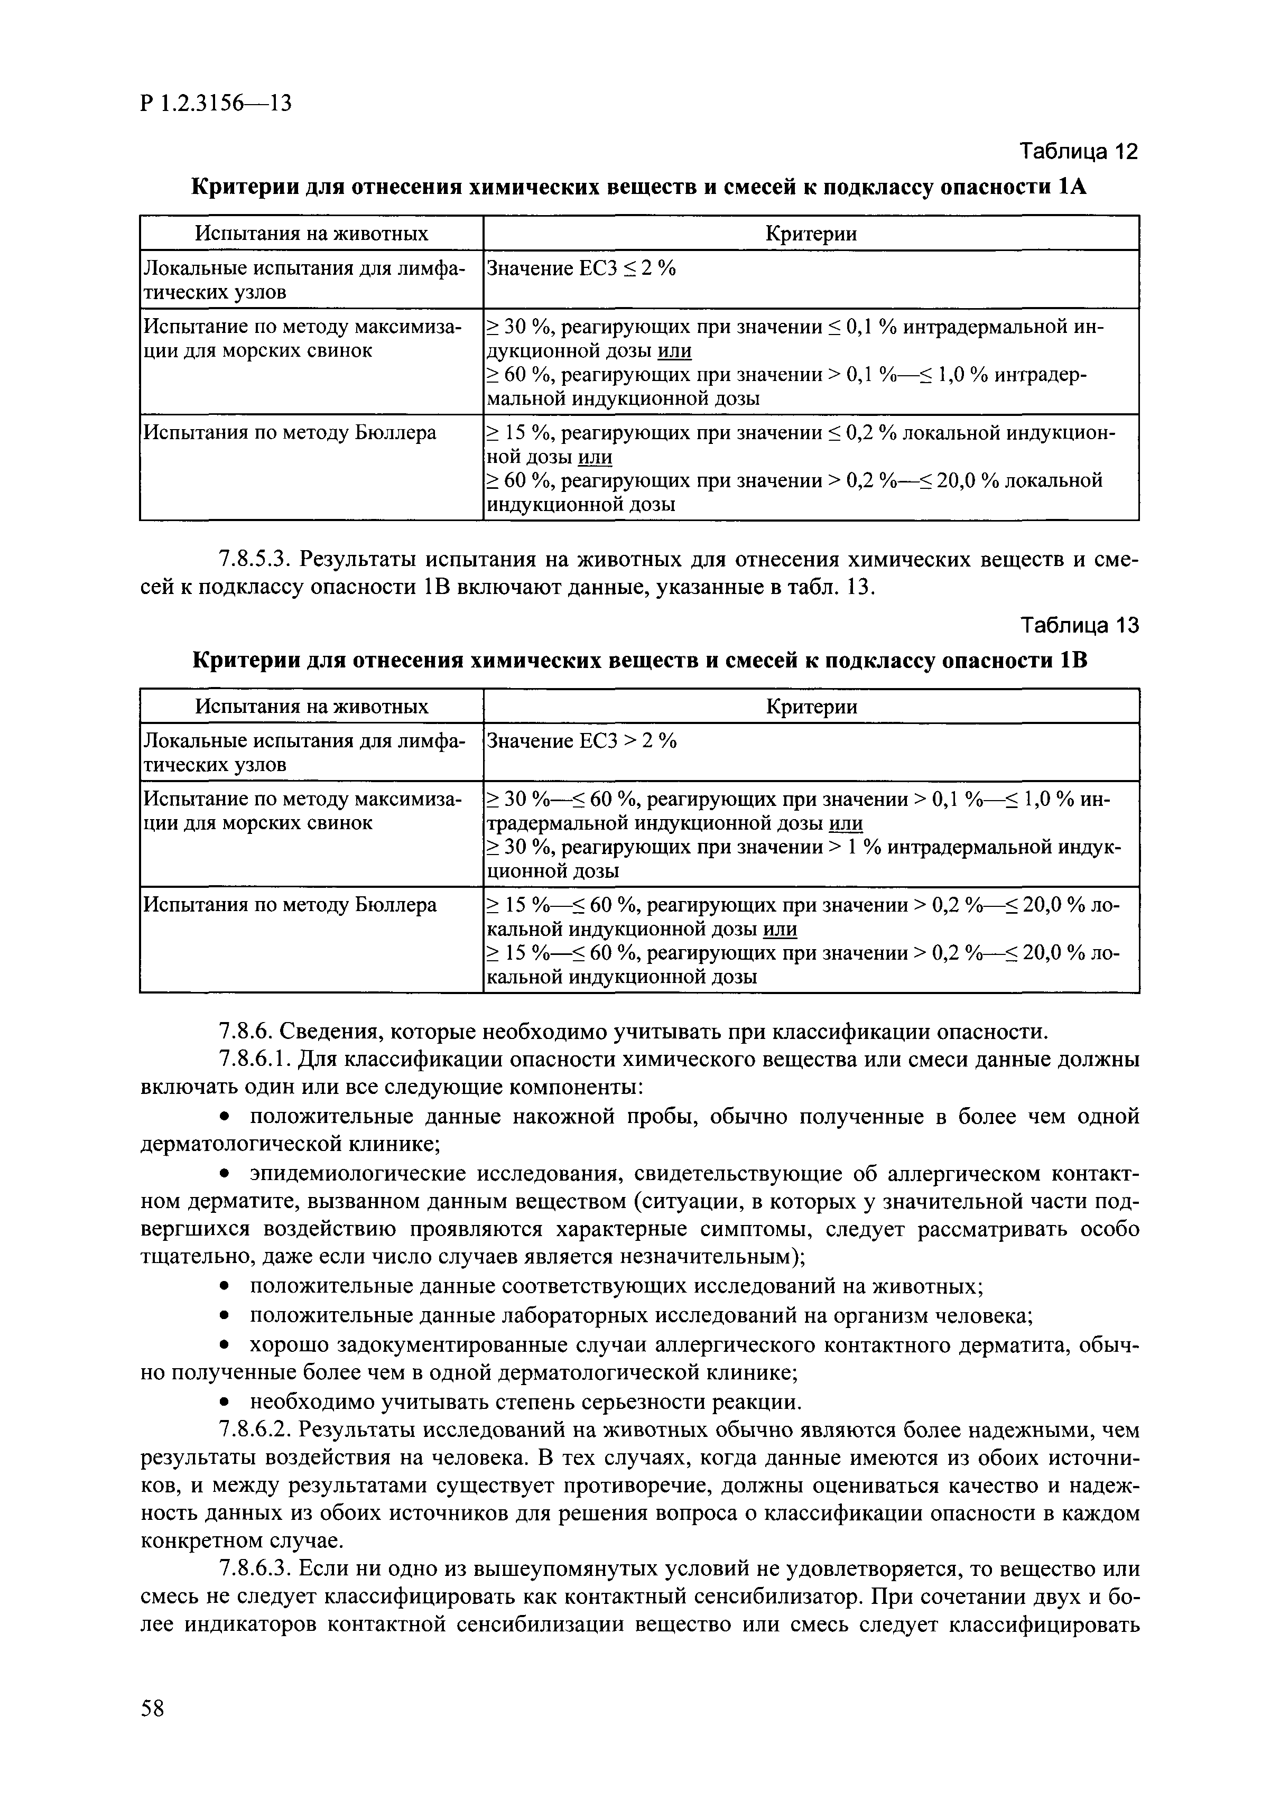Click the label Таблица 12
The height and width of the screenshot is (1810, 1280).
1079,151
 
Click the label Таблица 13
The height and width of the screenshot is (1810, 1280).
1079,625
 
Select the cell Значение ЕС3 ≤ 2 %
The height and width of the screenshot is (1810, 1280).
582,269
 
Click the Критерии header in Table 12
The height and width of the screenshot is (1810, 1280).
811,234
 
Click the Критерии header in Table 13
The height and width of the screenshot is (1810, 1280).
811,707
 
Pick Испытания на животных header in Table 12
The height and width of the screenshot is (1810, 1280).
311,234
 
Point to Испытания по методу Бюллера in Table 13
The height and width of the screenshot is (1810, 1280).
289,905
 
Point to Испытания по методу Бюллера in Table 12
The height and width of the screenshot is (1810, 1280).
289,433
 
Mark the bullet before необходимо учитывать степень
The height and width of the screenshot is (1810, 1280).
225,1403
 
